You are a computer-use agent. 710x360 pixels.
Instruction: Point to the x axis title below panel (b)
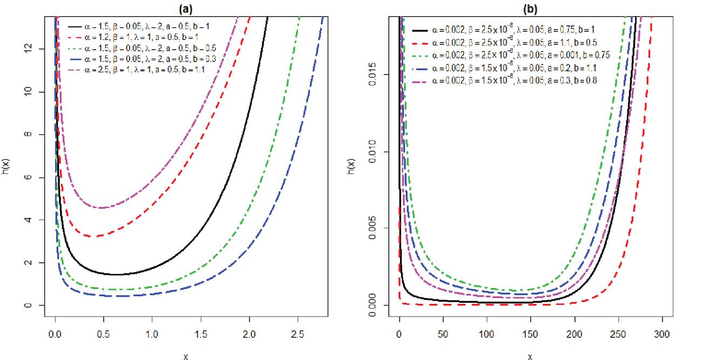click(530, 356)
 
